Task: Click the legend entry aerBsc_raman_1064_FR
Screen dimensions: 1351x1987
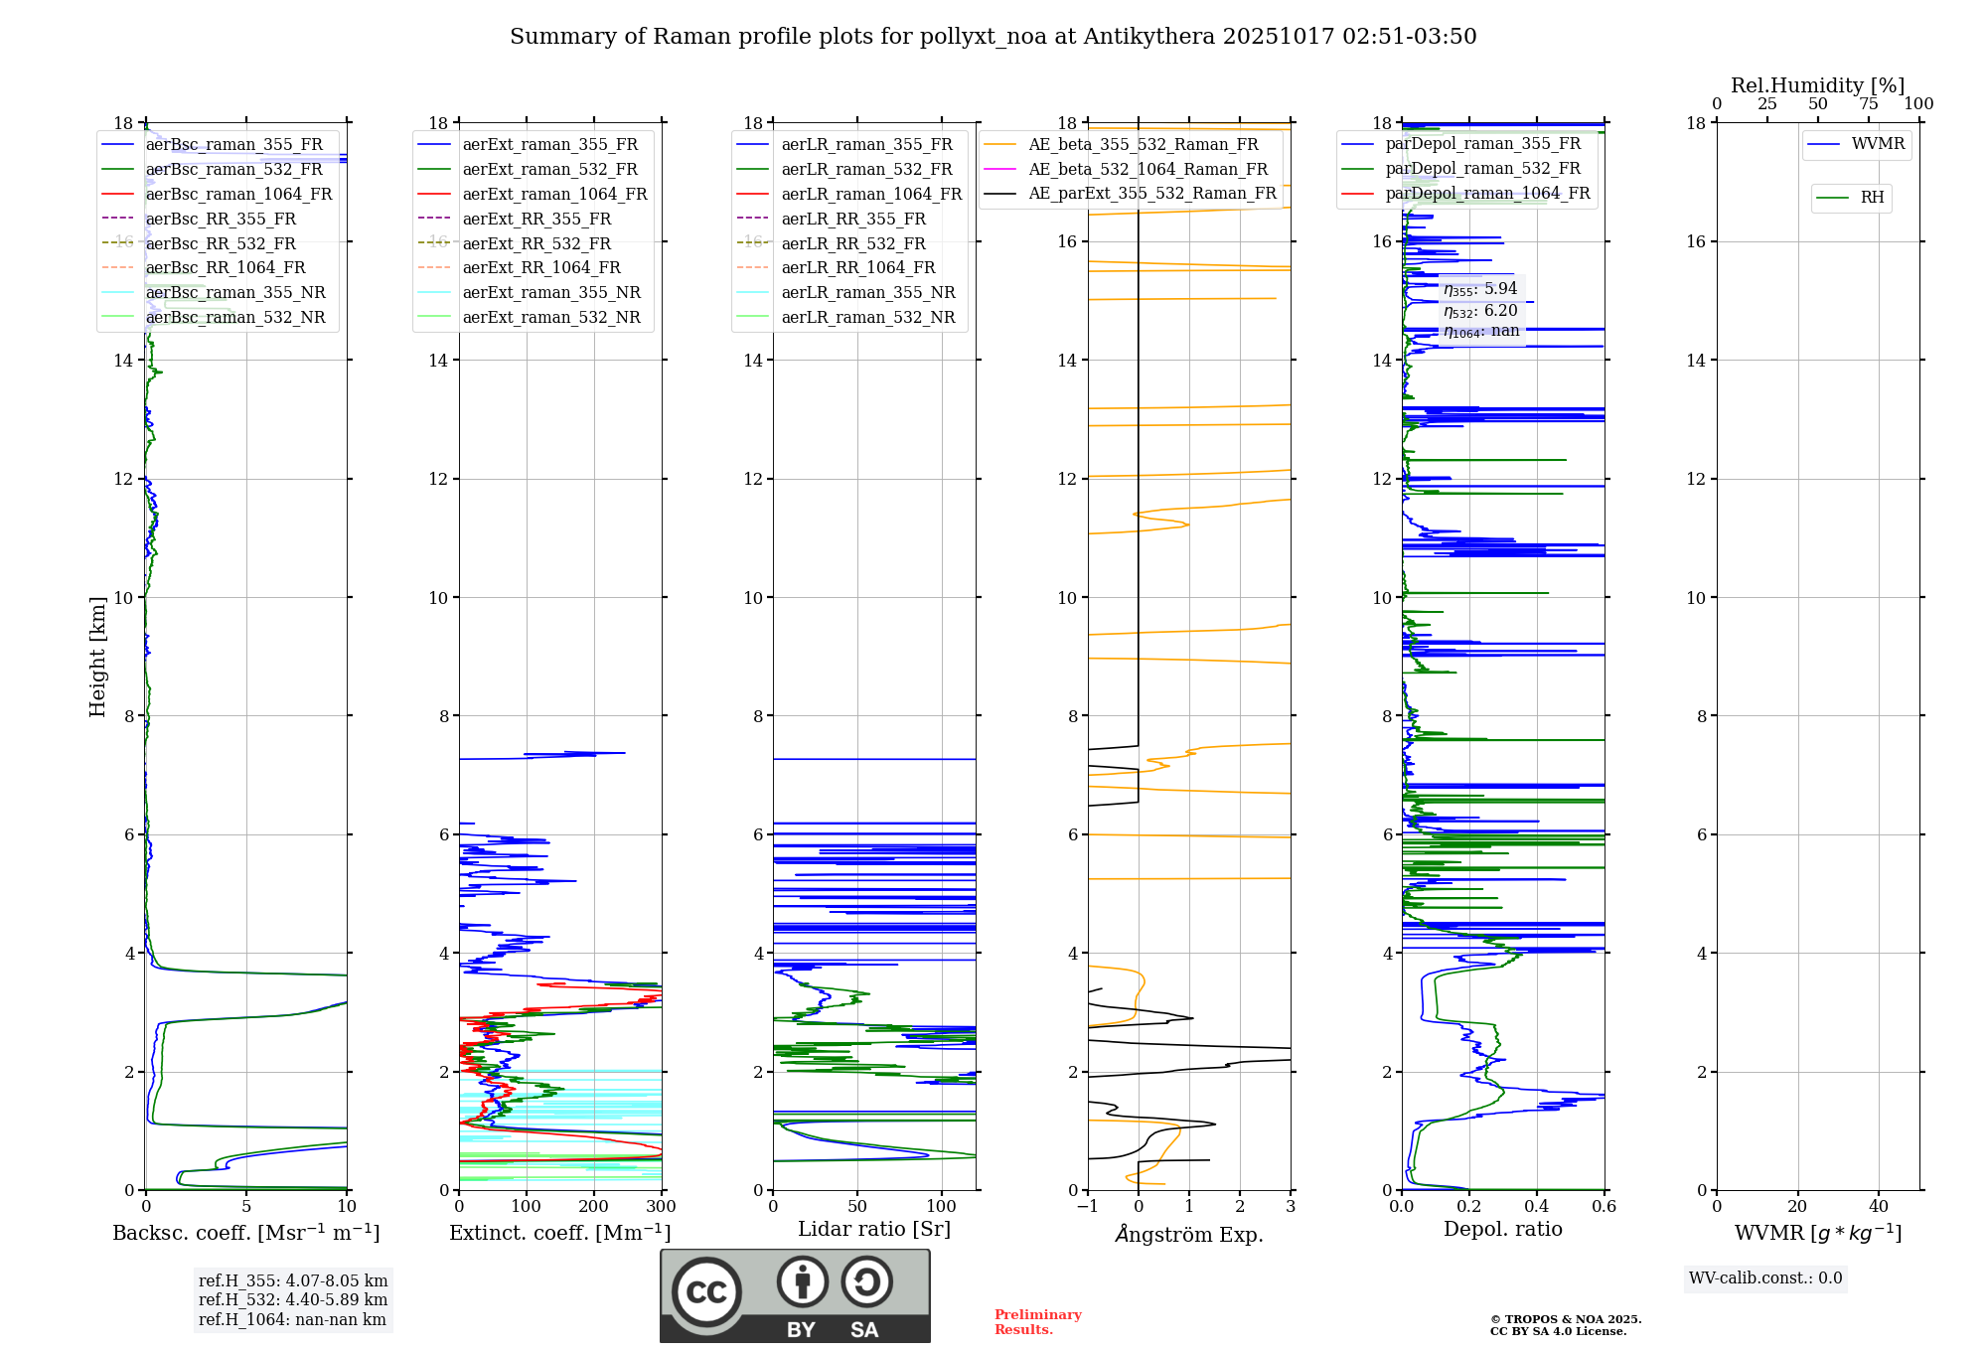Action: coord(238,194)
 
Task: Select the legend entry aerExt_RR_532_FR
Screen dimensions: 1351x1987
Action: coord(536,243)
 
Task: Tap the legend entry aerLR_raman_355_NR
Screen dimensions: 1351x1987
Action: coord(867,292)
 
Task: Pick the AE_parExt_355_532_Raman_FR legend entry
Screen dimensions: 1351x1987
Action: coord(1151,193)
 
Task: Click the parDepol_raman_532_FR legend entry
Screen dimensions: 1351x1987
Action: coord(1482,168)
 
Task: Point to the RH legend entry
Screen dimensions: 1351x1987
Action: coord(1872,198)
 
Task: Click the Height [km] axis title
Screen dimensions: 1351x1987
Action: coord(97,656)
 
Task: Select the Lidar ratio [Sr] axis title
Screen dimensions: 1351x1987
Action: coord(874,1229)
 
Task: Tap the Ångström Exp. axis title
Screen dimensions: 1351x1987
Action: coord(1189,1234)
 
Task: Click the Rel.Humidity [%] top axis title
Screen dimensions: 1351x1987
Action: coord(1817,85)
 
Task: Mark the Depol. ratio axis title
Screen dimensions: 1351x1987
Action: coord(1502,1229)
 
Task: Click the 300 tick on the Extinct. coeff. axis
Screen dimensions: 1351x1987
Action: coord(661,1207)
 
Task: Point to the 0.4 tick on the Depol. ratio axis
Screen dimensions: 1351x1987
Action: coord(1537,1207)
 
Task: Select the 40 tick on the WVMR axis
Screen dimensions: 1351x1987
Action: coord(1878,1207)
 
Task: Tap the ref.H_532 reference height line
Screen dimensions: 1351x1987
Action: coord(292,1299)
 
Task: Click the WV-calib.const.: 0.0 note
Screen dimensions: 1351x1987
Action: coord(1765,1278)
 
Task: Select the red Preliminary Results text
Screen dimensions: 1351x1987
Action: coord(1037,1322)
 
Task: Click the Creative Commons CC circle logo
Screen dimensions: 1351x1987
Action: coord(706,1292)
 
